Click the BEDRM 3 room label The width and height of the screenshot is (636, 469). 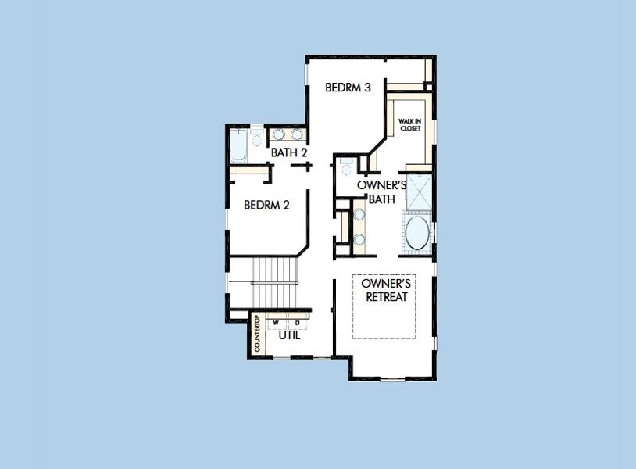point(348,88)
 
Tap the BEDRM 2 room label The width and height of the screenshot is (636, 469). point(267,206)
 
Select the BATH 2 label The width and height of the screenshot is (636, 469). point(288,152)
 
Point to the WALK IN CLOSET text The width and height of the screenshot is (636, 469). point(410,124)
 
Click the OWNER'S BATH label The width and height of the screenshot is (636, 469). point(382,192)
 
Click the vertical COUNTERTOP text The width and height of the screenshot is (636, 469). point(258,334)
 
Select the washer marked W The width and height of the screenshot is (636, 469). point(276,323)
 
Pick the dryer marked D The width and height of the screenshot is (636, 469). point(298,323)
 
